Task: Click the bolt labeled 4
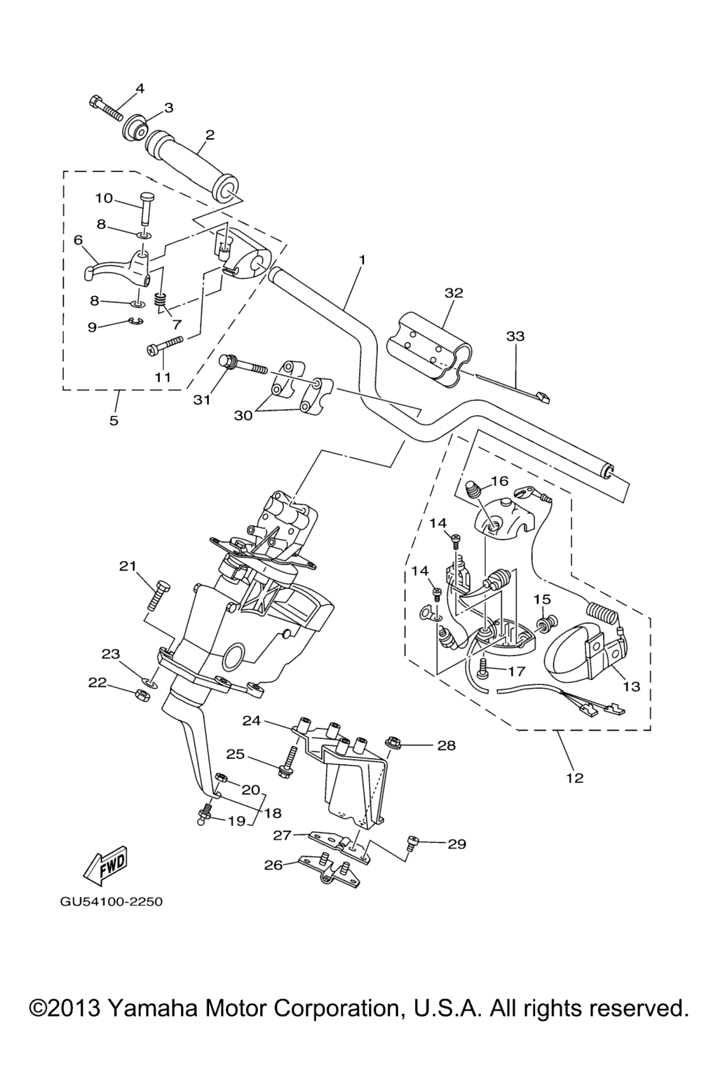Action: (x=106, y=108)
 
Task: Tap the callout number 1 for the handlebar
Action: (x=362, y=260)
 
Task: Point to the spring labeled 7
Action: (x=159, y=302)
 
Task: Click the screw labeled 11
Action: (x=165, y=344)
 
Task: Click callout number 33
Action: (x=515, y=337)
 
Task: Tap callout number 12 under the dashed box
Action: (x=574, y=778)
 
